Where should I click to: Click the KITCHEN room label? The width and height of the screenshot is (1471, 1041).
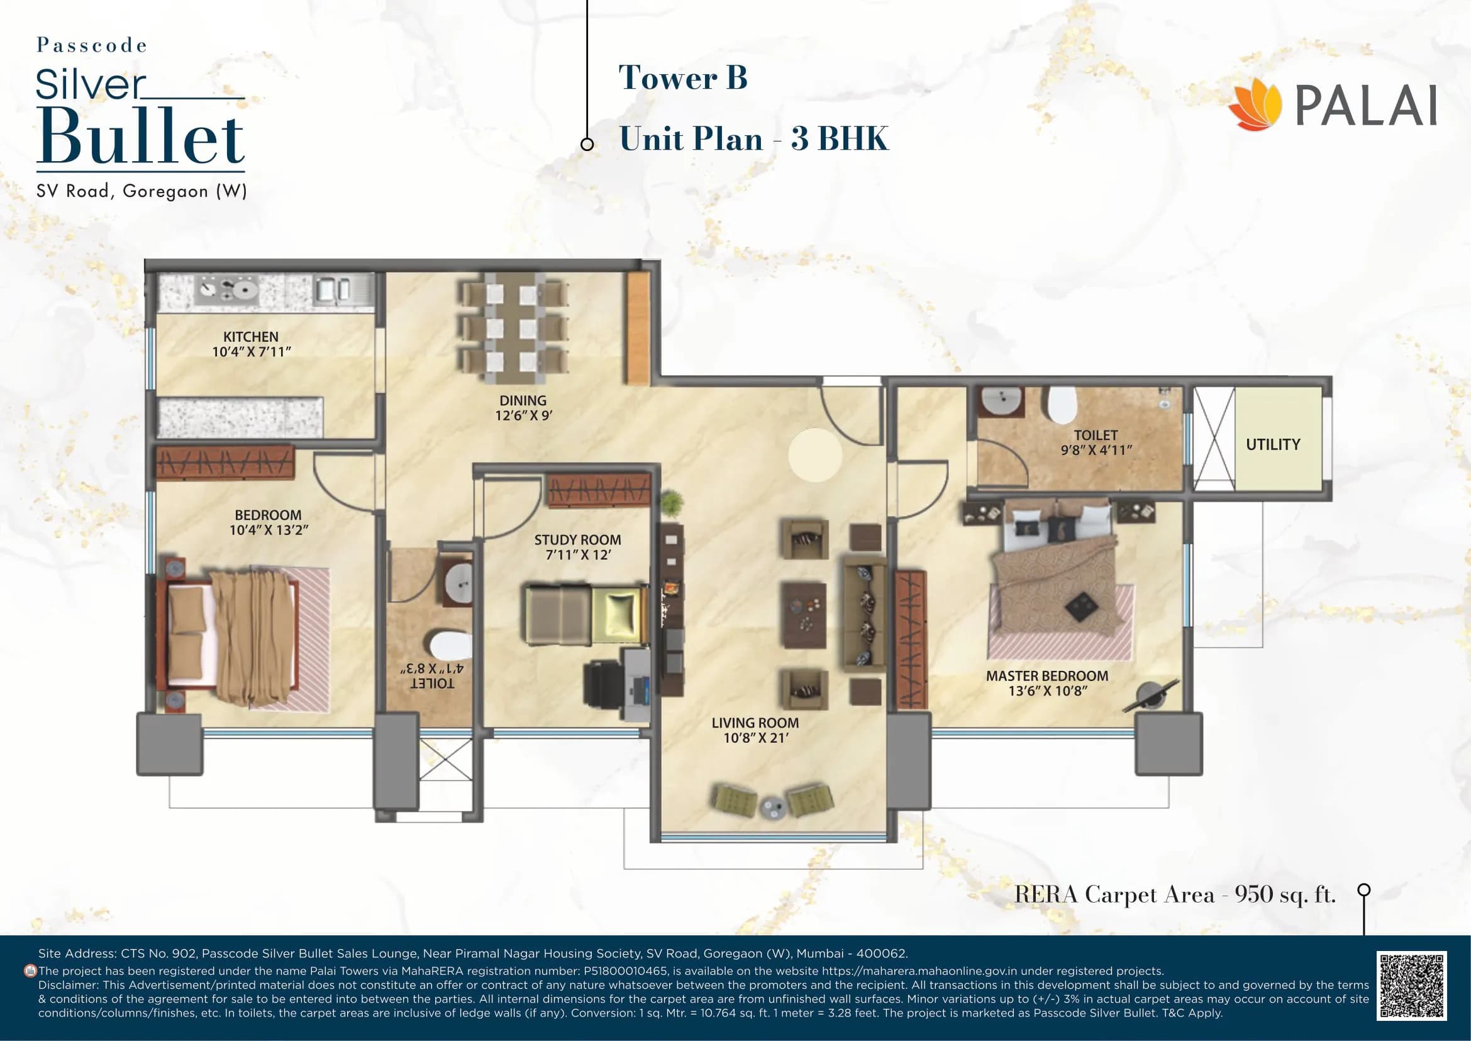[250, 337]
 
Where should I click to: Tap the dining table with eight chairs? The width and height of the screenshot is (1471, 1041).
[513, 329]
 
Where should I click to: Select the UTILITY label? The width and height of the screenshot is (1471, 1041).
[1272, 444]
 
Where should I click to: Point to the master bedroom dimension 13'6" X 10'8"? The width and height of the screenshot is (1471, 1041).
[1048, 691]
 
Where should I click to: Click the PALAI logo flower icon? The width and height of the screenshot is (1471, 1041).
[1254, 106]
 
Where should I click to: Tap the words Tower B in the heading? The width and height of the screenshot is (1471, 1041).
[682, 77]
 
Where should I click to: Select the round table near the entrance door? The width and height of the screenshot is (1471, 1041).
[815, 455]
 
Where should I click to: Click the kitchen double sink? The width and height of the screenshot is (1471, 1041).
[333, 289]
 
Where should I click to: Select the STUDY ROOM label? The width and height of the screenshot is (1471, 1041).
[577, 540]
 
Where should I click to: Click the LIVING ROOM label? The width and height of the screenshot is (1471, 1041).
[755, 723]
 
